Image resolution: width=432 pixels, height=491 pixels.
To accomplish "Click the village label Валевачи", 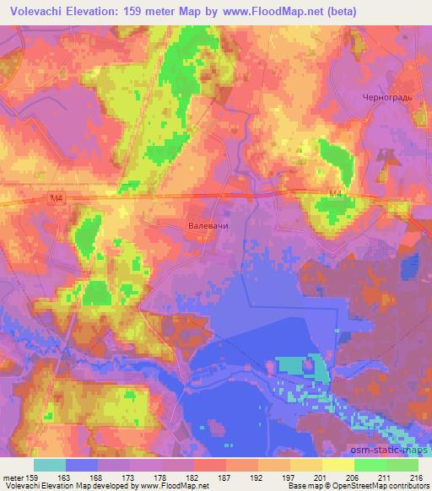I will pos(208,227).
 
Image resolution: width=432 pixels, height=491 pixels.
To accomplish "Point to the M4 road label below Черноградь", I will pos(336,196).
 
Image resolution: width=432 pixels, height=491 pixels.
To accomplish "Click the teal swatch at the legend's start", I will pos(50,465).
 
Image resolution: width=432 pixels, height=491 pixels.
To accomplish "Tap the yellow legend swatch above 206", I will pos(338,465).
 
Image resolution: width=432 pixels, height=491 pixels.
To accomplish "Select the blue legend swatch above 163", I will pos(82,465).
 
